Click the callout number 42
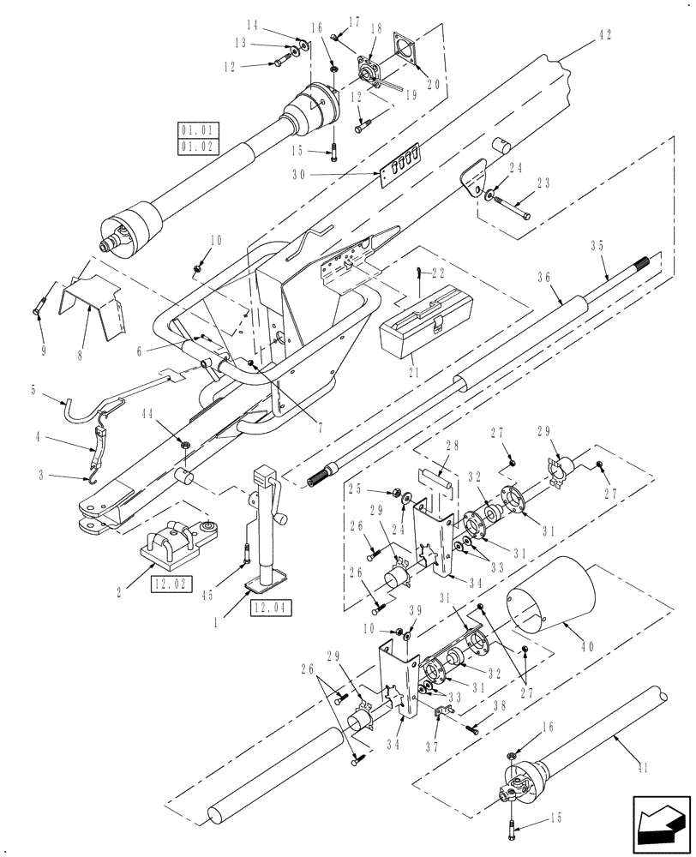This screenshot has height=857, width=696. tap(605, 35)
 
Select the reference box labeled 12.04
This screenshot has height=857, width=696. tap(271, 609)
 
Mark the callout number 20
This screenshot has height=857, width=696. tap(435, 85)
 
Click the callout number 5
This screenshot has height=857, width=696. tap(34, 389)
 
